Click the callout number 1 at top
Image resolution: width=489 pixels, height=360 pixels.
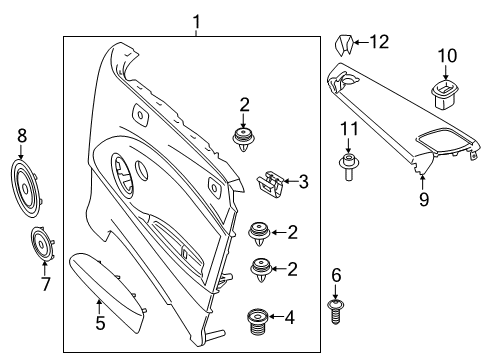point(197,21)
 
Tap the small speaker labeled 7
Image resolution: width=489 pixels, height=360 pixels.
point(42,246)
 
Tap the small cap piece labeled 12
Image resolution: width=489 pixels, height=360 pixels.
point(342,43)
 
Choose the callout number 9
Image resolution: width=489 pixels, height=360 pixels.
point(424,199)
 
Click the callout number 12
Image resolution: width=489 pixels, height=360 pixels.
point(378,41)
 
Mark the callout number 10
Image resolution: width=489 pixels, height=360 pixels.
point(446,54)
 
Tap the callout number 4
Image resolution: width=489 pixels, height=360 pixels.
point(290,320)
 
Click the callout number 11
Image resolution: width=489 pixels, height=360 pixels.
point(347,129)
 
